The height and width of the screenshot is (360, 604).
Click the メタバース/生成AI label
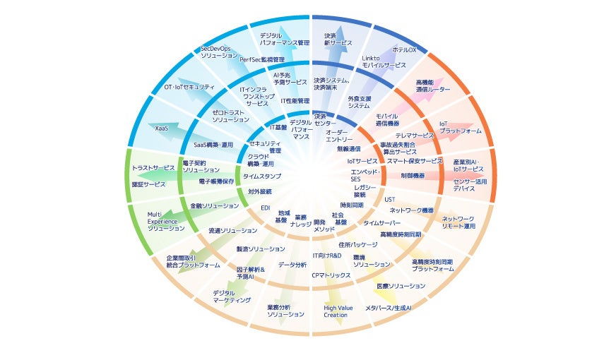coord(388,308)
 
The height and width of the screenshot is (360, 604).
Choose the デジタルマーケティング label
coord(232,296)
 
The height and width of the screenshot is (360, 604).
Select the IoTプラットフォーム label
coord(460,127)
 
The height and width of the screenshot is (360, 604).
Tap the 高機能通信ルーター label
coord(432,86)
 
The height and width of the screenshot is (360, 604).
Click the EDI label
coord(266,208)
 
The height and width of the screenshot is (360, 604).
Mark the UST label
coord(390,200)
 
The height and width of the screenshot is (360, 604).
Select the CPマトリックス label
coord(331,275)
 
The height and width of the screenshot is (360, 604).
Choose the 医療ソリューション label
coord(401,286)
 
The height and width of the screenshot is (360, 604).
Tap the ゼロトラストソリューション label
coord(231,116)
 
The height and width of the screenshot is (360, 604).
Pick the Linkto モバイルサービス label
coord(384,61)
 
